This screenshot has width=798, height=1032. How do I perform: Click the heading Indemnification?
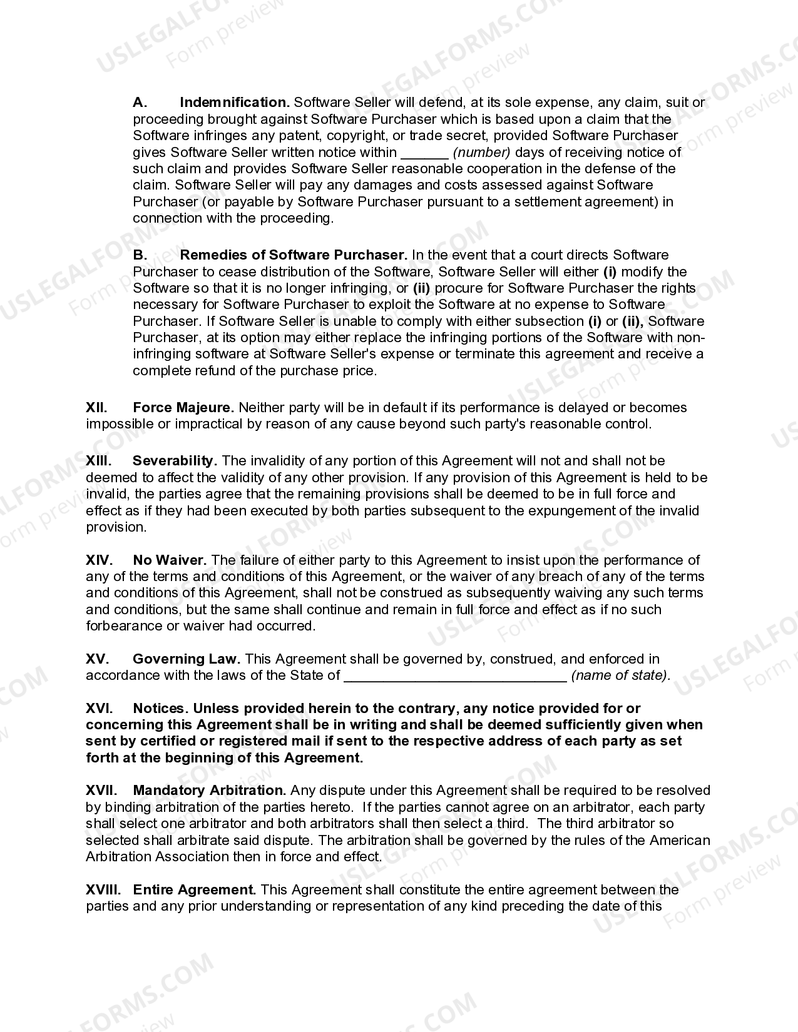(234, 103)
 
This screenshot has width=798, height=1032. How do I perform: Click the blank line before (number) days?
(424, 153)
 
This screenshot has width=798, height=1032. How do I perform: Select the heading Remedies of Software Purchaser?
(293, 255)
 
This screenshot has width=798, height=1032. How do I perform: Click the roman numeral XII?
(96, 408)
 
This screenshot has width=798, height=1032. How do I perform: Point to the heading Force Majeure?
(183, 408)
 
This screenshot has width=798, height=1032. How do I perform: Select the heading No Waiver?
(170, 560)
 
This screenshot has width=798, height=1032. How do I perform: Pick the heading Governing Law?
(186, 659)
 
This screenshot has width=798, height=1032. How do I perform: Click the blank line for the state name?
(455, 675)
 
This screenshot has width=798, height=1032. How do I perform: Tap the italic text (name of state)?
(620, 675)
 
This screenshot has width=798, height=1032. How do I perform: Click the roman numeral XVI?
(99, 709)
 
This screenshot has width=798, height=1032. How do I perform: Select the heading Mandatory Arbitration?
(209, 791)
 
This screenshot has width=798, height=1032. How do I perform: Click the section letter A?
(140, 103)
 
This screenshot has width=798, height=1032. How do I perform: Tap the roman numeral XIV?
(99, 560)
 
